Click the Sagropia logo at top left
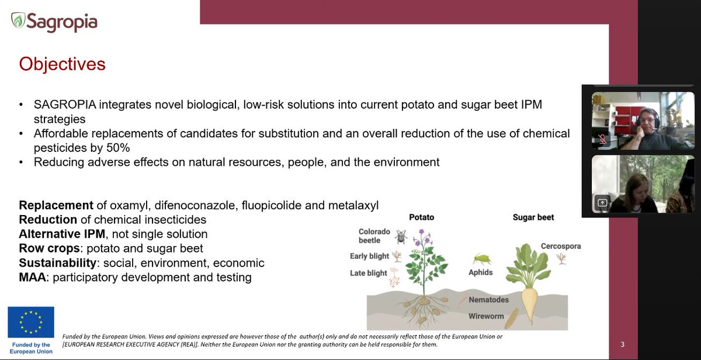(x=54, y=22)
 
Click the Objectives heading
(x=63, y=64)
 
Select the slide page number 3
(x=623, y=344)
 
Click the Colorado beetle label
(x=374, y=236)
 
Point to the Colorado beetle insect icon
(x=401, y=236)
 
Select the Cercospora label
(x=561, y=246)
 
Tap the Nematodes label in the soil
(x=488, y=300)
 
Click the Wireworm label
(x=486, y=316)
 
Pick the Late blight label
(x=369, y=273)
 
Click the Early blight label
(x=370, y=256)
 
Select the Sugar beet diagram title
(x=533, y=217)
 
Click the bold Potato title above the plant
(x=421, y=217)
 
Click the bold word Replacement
(x=56, y=206)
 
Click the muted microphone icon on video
(x=602, y=140)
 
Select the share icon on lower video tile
(x=602, y=203)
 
